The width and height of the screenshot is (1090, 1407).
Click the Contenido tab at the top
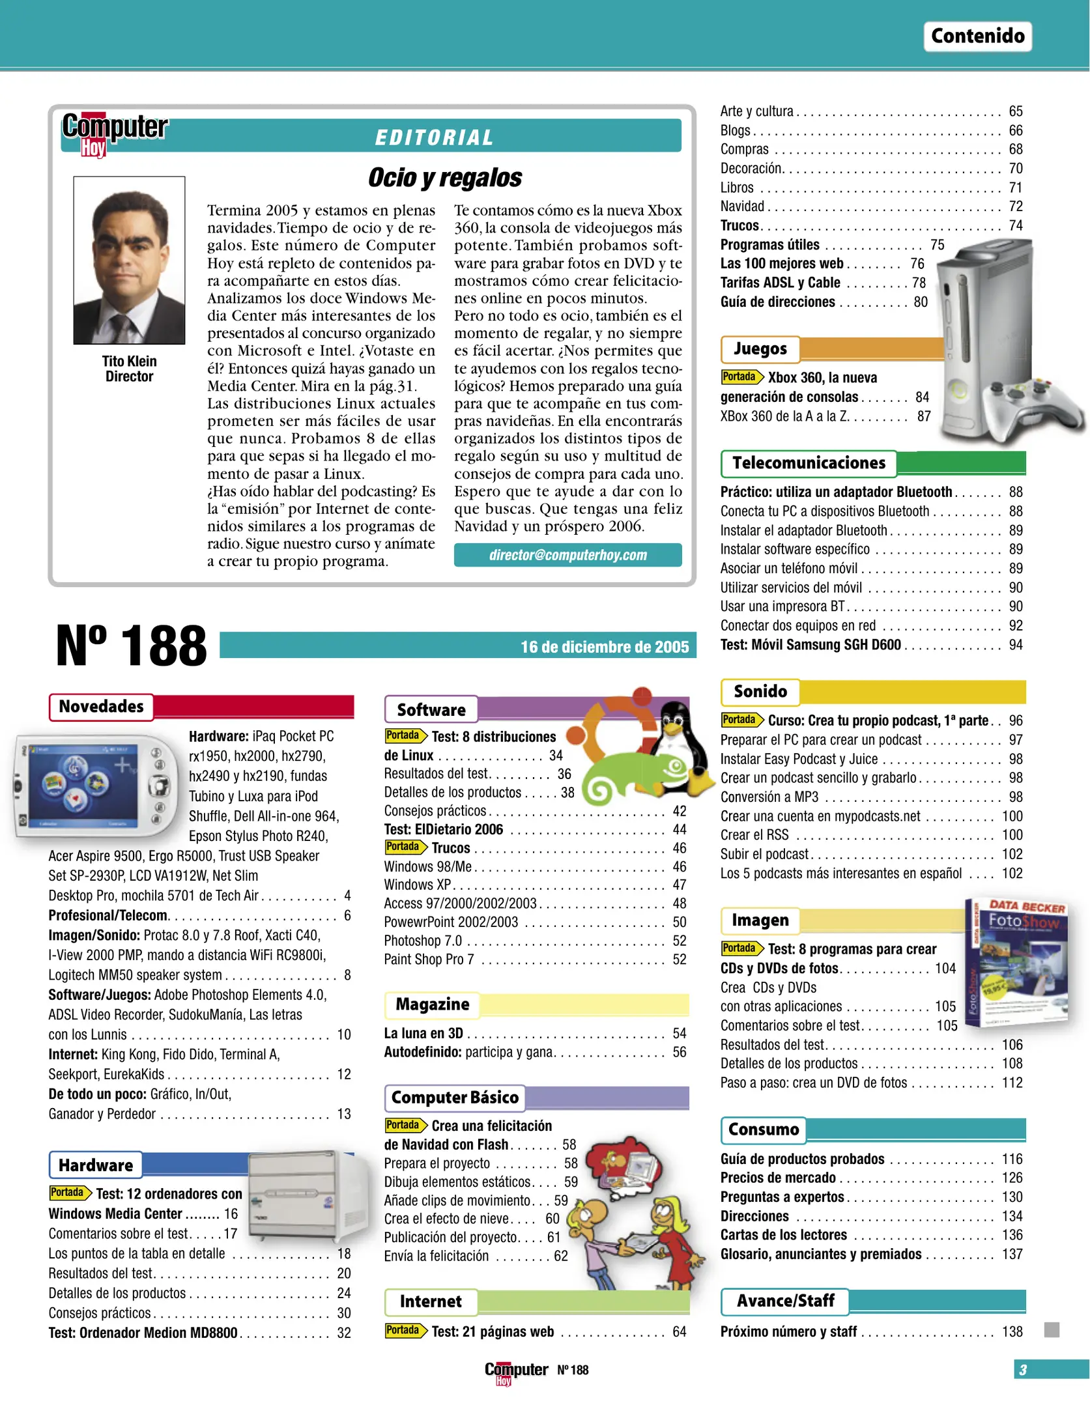click(977, 36)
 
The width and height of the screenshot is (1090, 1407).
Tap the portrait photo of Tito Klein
click(129, 260)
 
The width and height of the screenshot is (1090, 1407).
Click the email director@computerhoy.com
click(567, 555)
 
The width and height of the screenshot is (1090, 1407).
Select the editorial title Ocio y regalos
click(444, 177)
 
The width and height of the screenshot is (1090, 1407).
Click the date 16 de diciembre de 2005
click(604, 647)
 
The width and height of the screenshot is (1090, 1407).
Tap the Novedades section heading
click(101, 707)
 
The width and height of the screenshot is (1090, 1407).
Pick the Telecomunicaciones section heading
click(809, 463)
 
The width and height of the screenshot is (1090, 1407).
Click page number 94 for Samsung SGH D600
click(1015, 645)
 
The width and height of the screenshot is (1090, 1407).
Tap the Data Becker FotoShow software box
click(1018, 964)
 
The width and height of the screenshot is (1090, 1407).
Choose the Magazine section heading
click(432, 1004)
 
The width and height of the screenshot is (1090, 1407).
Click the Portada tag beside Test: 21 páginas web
click(404, 1330)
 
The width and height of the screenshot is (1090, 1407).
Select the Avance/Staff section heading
click(785, 1301)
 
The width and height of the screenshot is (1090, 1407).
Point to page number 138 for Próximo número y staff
click(1012, 1331)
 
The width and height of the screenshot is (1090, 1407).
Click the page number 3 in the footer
click(1023, 1370)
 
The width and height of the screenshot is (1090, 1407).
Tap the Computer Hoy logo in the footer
click(515, 1371)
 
